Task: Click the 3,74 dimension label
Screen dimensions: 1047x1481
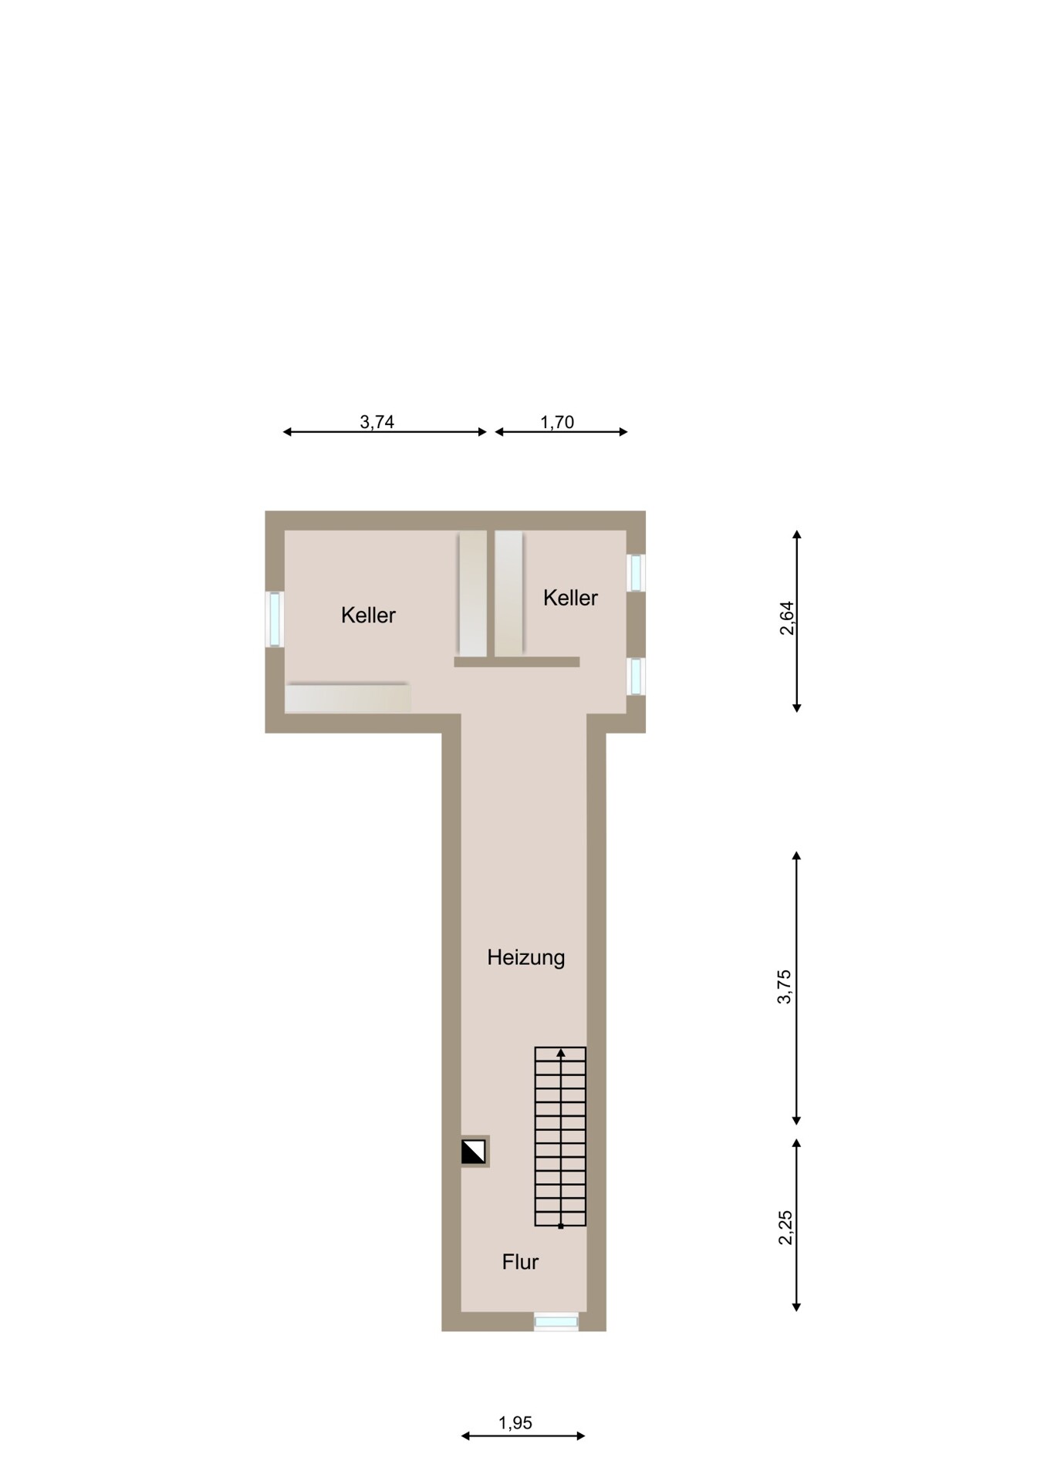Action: (x=377, y=422)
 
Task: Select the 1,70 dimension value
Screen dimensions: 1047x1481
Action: (x=557, y=422)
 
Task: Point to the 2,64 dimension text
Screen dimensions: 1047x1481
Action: (x=786, y=618)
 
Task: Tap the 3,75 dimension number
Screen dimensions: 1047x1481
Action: (x=784, y=987)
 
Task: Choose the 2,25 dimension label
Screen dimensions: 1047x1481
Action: (x=785, y=1227)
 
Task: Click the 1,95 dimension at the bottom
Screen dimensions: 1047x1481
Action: (x=515, y=1422)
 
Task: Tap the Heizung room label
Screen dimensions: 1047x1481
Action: (x=526, y=958)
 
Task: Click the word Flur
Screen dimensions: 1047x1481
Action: (x=520, y=1262)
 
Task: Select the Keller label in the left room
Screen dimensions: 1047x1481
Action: (x=368, y=616)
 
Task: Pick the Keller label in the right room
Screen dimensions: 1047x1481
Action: (x=570, y=598)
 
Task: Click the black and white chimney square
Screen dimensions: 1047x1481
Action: (x=474, y=1152)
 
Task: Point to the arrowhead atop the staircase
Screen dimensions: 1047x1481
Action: (x=561, y=1052)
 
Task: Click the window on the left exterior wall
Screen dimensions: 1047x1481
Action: (x=275, y=619)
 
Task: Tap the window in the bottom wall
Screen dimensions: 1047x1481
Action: (x=556, y=1321)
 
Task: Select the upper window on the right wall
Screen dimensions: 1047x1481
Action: (x=636, y=573)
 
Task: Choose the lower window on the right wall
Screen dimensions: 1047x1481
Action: (x=636, y=676)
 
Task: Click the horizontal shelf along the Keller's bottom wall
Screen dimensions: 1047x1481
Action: (x=347, y=698)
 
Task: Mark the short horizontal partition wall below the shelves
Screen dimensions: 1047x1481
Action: (x=517, y=662)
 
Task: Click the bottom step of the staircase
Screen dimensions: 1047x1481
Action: (x=561, y=1218)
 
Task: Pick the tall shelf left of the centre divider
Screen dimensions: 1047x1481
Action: (x=472, y=594)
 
